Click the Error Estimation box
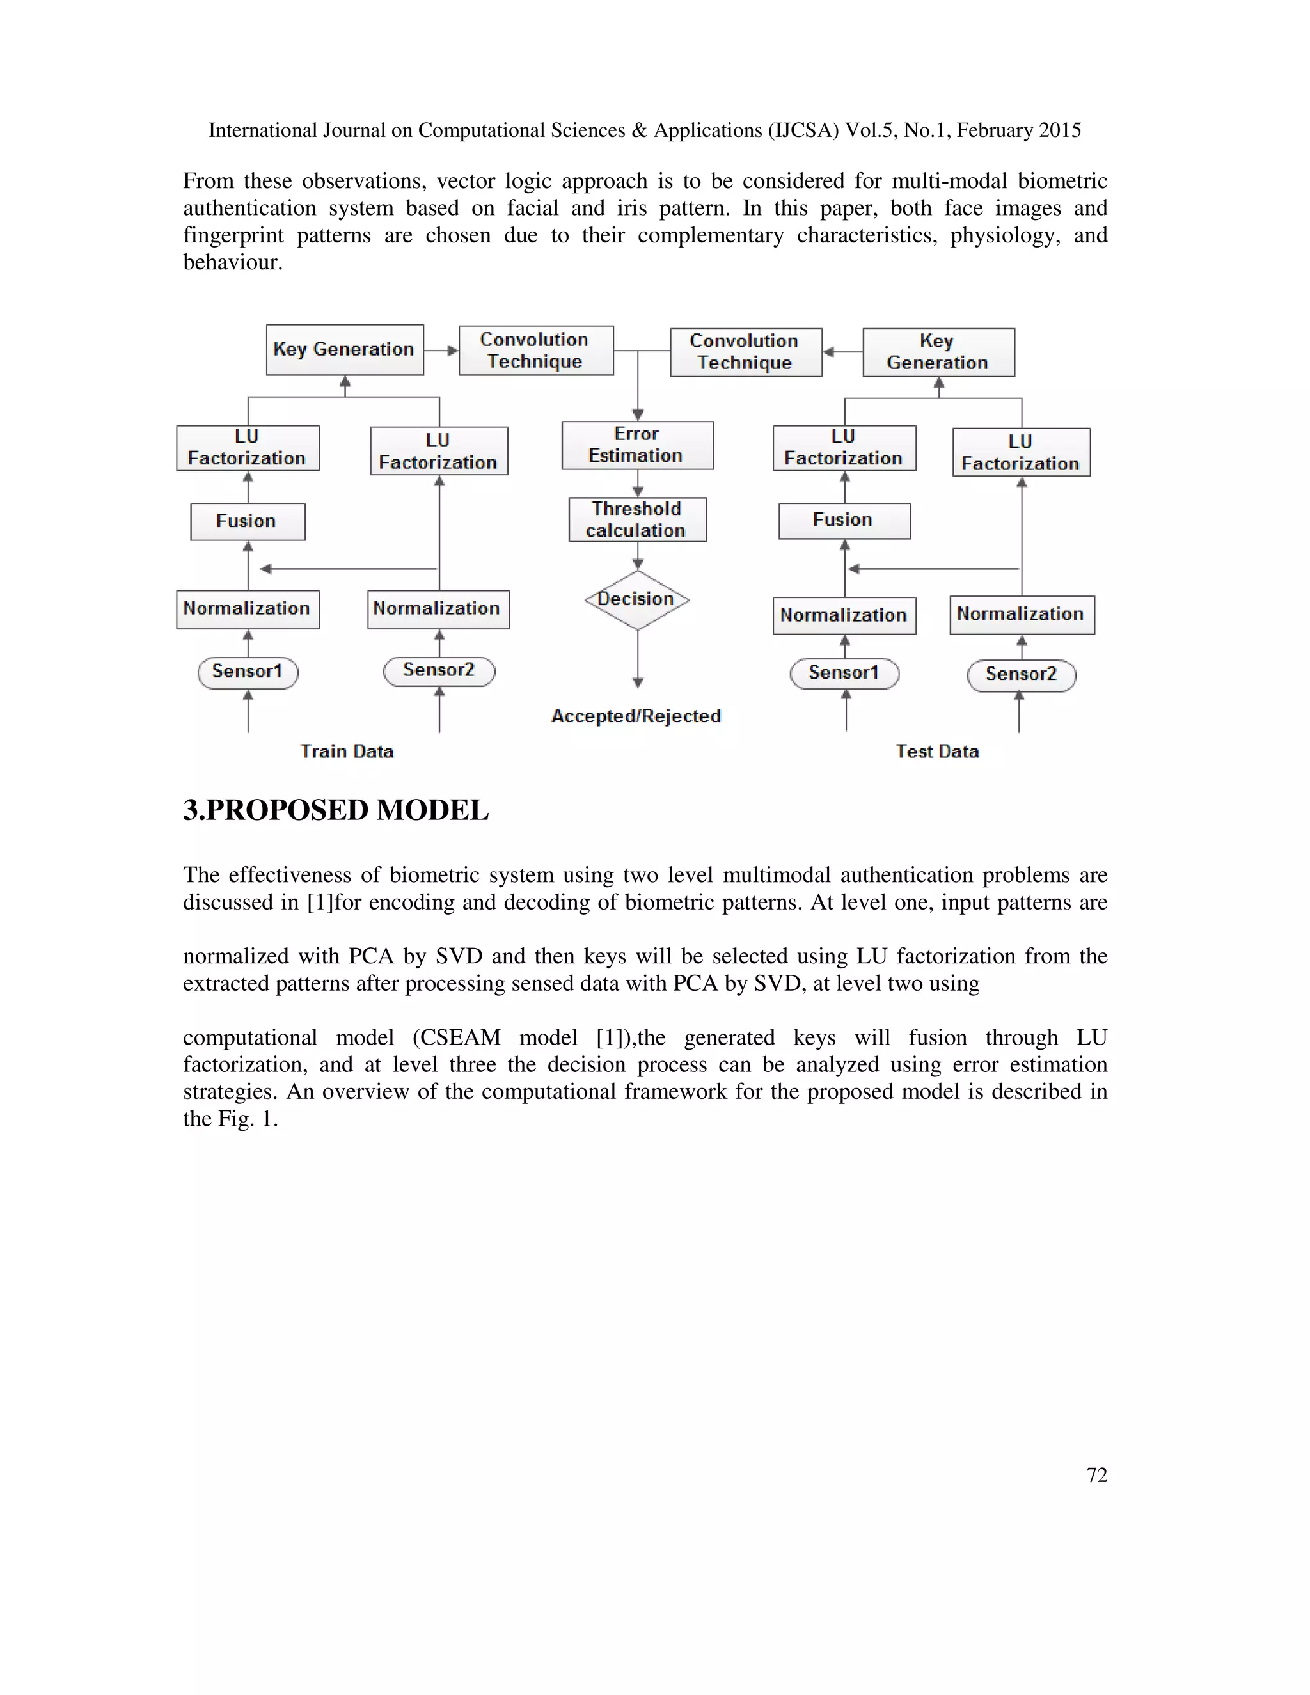(x=637, y=445)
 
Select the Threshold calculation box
(x=637, y=520)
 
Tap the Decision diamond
(x=637, y=600)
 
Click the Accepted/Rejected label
(x=636, y=716)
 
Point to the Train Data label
(x=347, y=752)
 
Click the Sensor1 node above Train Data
(x=248, y=672)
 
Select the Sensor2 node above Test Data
(x=1022, y=674)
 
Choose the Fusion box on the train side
(x=248, y=521)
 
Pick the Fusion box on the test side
(x=844, y=521)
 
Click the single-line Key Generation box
(x=345, y=350)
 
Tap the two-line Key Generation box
(x=938, y=352)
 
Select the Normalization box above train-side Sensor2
(x=438, y=609)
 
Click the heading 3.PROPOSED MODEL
(x=335, y=810)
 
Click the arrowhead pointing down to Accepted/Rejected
(x=638, y=683)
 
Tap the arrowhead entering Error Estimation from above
(x=638, y=415)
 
